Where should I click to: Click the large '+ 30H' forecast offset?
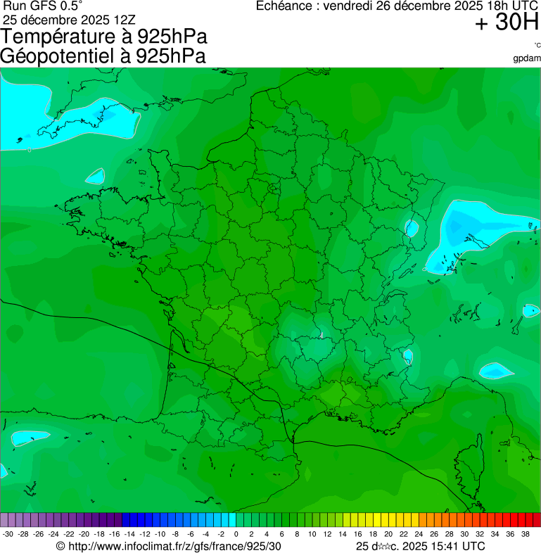point(507,23)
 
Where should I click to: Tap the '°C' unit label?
point(537,45)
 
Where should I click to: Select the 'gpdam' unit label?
point(527,58)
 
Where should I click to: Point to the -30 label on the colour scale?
point(8,535)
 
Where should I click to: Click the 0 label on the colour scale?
point(236,535)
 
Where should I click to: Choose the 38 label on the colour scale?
point(525,535)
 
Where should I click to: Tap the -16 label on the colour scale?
point(114,535)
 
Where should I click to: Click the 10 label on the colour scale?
point(312,535)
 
